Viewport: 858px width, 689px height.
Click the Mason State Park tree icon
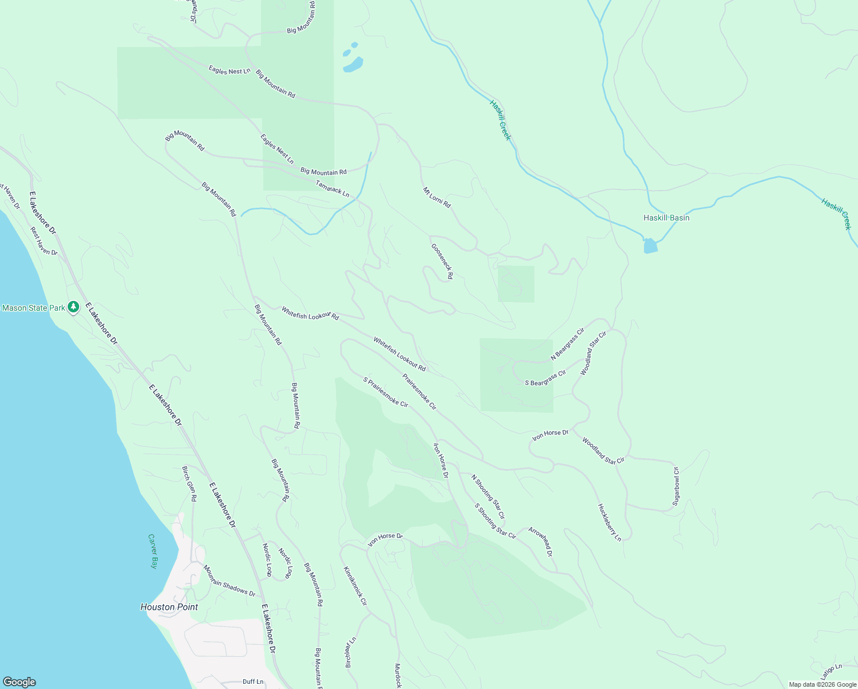point(73,307)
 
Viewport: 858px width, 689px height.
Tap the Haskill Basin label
point(666,218)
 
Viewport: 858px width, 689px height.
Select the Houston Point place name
point(169,607)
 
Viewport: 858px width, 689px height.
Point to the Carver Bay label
point(153,551)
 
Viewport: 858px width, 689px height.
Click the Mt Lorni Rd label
point(437,198)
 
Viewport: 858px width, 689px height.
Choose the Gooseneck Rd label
point(442,261)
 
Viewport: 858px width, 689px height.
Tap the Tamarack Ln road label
point(333,188)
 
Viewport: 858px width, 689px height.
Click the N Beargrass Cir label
point(567,344)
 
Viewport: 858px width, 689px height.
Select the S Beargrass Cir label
point(545,378)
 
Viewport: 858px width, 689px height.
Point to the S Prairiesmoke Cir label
point(385,392)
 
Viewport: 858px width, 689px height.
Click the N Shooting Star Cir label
point(488,497)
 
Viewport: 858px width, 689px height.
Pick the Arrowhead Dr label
point(540,541)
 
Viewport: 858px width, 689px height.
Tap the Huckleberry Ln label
point(610,522)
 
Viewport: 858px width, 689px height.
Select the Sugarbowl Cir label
point(676,486)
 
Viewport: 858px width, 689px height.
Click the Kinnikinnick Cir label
point(355,586)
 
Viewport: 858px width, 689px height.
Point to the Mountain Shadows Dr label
point(229,580)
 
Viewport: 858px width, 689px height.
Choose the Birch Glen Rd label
point(189,484)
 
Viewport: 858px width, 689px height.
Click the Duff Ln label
point(253,682)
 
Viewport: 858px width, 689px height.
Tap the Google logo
point(19,682)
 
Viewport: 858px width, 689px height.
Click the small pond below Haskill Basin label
point(650,246)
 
